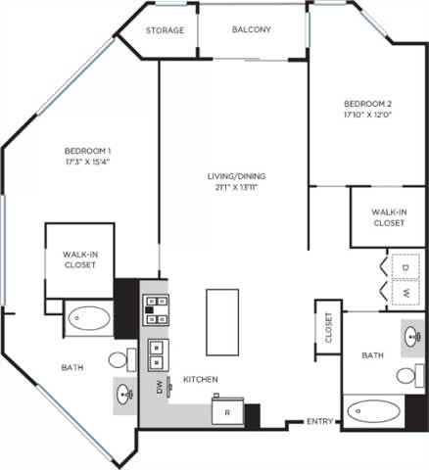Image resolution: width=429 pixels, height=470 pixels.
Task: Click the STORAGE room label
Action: [x=165, y=30]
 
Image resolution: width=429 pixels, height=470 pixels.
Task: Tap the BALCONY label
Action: [x=252, y=29]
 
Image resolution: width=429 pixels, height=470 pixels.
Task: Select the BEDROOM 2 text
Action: [x=367, y=103]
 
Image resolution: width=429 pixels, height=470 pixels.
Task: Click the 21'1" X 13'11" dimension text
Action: [x=235, y=189]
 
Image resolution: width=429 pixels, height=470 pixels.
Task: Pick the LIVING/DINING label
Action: [x=235, y=176]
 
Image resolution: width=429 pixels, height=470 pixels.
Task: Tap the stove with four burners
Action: [x=155, y=308]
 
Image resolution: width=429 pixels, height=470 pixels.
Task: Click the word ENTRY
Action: [x=319, y=421]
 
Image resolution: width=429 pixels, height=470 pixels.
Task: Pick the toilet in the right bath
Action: [x=408, y=375]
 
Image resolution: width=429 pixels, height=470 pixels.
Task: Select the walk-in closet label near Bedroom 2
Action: [x=389, y=217]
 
